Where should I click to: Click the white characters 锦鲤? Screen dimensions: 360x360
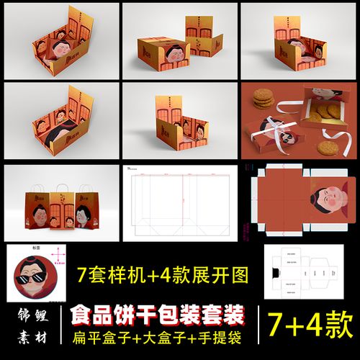point(32,316)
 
